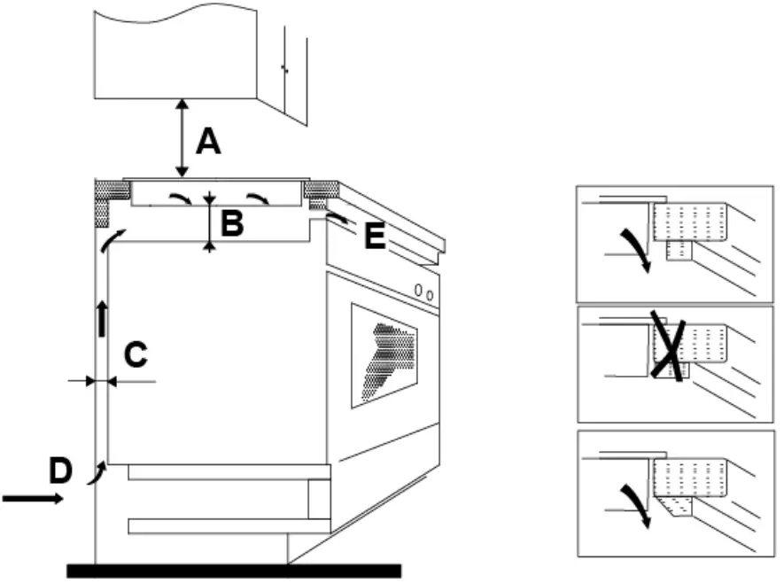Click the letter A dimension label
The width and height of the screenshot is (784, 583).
pyautogui.click(x=208, y=140)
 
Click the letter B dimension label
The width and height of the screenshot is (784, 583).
pyautogui.click(x=231, y=224)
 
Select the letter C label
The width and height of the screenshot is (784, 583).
pyautogui.click(x=135, y=354)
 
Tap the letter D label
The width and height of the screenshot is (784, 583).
pyautogui.click(x=59, y=470)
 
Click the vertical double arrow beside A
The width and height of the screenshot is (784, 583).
pyautogui.click(x=182, y=137)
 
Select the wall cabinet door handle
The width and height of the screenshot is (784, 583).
pyautogui.click(x=283, y=68)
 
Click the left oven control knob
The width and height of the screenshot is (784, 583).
pyautogui.click(x=417, y=291)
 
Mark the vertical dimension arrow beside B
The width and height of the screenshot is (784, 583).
pyautogui.click(x=209, y=222)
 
